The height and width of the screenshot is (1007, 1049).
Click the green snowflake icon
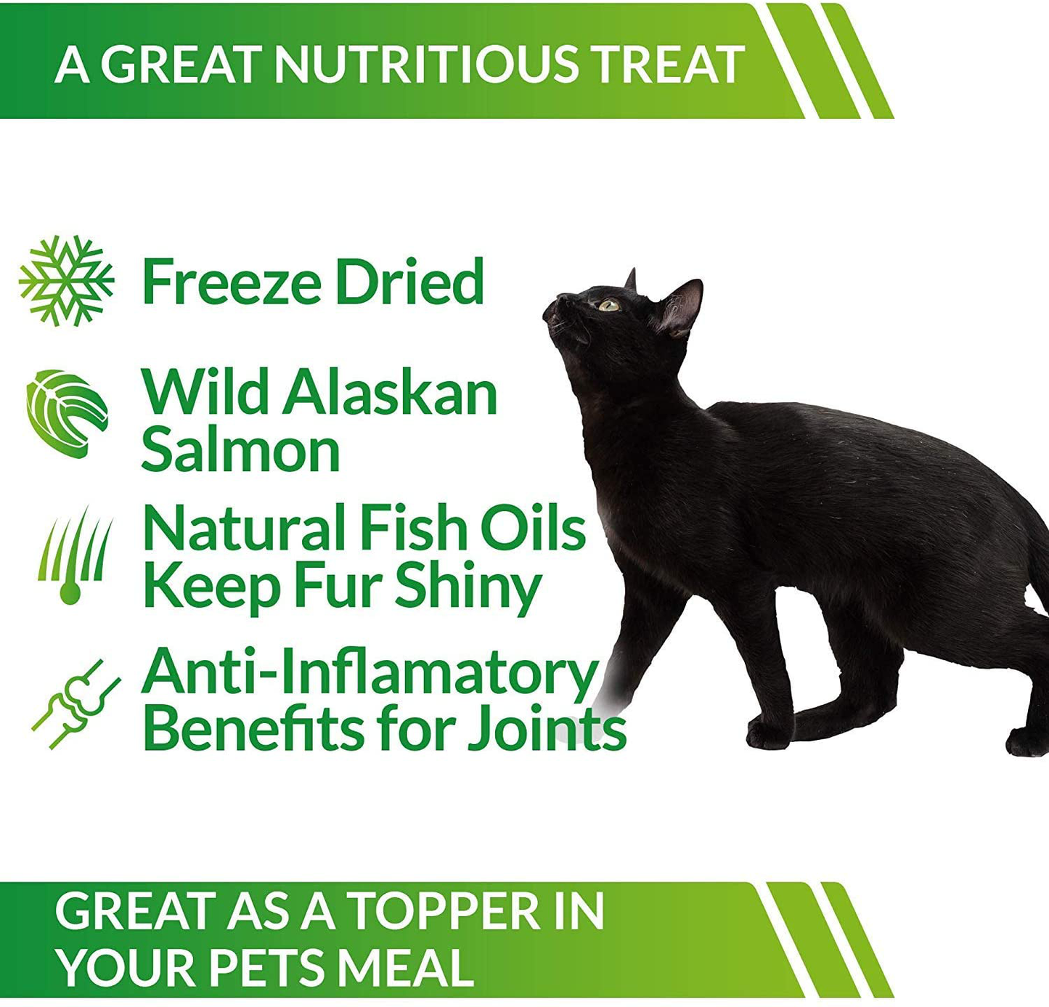(66, 281)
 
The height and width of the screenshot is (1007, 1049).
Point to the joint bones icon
(75, 704)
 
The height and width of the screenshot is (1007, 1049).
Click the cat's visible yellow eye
(608, 305)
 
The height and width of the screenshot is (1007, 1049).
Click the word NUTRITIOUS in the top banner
(427, 64)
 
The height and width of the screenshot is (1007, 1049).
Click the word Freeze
(232, 282)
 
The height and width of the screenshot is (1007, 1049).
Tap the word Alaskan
(390, 393)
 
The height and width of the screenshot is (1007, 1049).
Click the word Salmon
(240, 450)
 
